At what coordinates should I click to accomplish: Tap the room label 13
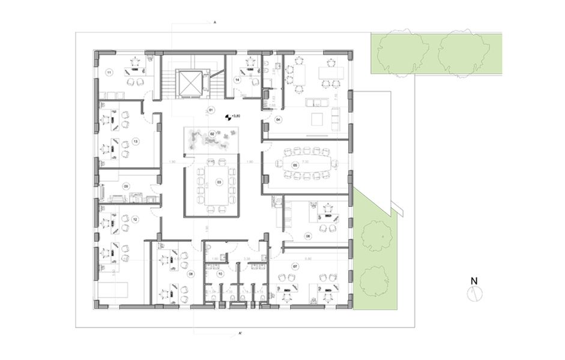[136, 141]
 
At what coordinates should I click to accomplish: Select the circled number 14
[238, 79]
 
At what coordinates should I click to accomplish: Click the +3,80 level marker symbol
[228, 118]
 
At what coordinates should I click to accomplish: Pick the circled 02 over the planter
[212, 133]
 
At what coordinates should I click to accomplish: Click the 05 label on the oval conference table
[295, 164]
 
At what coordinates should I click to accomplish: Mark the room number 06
[308, 236]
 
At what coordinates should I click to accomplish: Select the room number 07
[295, 265]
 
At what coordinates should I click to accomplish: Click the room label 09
[126, 187]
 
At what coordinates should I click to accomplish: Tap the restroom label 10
[220, 274]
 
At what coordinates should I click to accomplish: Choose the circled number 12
[135, 220]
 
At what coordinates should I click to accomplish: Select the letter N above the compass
[474, 280]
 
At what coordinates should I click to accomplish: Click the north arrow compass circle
[474, 292]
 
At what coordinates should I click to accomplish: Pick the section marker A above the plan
[214, 22]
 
